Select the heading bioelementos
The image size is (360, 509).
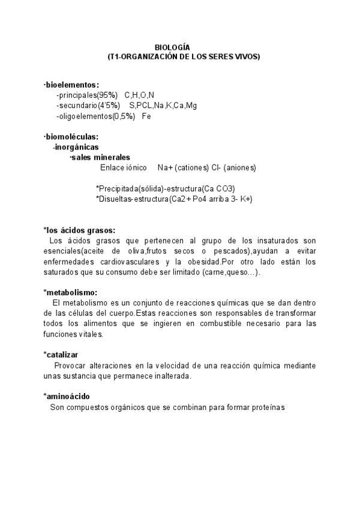click(x=72, y=85)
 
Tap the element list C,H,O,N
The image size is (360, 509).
click(x=139, y=95)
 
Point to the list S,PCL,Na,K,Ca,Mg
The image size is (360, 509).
click(x=163, y=106)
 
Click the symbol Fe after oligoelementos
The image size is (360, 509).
click(x=146, y=116)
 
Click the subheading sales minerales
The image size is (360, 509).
click(x=100, y=157)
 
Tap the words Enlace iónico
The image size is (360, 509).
click(x=123, y=167)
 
